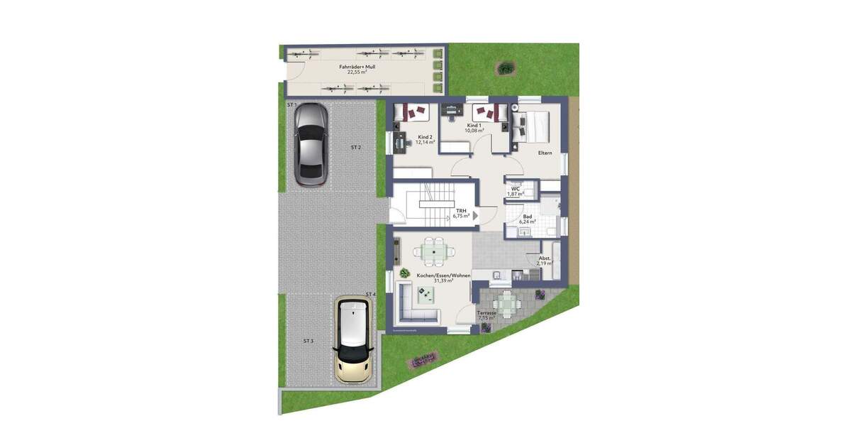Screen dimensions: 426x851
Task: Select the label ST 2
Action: coord(356,148)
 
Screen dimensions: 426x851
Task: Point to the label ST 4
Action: coord(370,294)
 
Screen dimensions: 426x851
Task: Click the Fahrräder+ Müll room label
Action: coord(357,67)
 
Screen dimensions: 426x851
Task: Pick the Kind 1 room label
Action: coord(474,125)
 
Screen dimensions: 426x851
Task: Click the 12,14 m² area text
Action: coord(425,142)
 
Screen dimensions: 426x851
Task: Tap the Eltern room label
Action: coord(545,152)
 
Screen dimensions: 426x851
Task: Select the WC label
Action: coord(516,188)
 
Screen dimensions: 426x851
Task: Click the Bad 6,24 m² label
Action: coord(527,219)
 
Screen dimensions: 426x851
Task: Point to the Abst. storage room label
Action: coord(545,259)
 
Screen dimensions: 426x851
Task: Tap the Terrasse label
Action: coord(486,313)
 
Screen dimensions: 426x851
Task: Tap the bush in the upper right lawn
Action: coord(506,68)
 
